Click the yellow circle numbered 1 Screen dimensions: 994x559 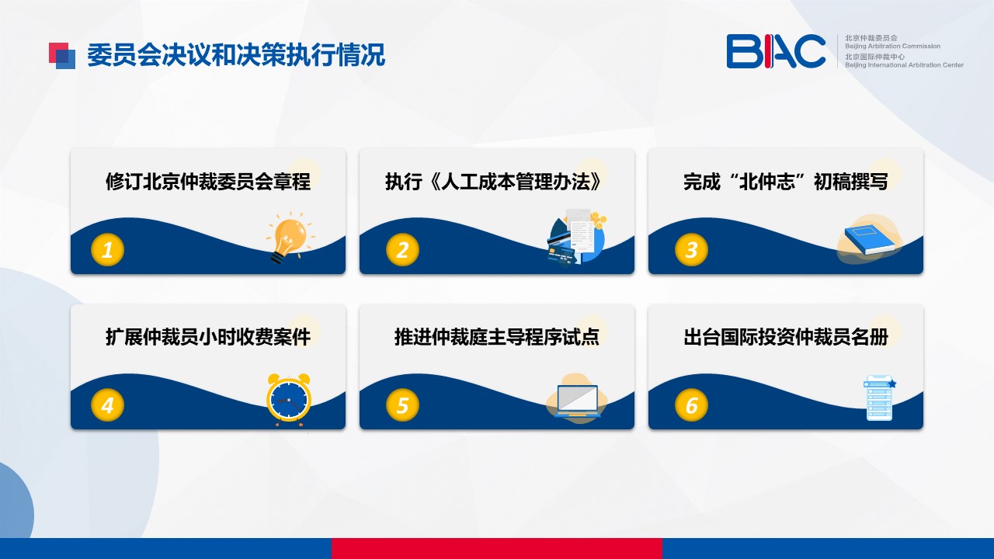107,250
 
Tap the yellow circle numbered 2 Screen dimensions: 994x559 402,250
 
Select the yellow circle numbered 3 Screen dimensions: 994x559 691,250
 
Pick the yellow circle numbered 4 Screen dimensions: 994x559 107,405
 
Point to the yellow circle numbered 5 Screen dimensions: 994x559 402,405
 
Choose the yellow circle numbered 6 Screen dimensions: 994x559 691,405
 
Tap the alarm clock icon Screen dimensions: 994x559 288,400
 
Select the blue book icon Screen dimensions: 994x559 870,241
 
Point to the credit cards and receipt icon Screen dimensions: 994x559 576,238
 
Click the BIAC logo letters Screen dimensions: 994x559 776,51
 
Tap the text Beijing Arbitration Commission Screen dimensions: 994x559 892,46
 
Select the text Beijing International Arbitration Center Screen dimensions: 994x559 904,64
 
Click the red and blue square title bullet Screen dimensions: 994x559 62,56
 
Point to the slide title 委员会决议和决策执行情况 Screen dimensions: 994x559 235,55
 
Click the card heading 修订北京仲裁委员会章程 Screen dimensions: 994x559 208,182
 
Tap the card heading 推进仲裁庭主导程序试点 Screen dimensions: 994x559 496,337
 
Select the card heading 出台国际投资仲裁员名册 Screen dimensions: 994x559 785,337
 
